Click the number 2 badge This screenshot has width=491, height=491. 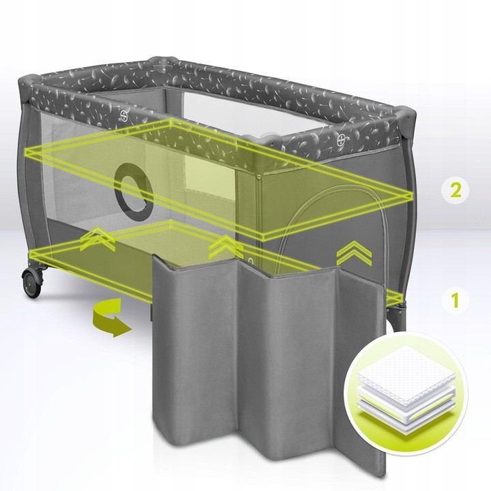tap(455, 191)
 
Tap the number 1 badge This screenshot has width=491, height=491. tap(455, 300)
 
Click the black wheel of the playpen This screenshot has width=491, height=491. tap(32, 282)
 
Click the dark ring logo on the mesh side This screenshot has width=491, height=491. tap(134, 192)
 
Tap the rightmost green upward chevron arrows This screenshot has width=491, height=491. tap(355, 253)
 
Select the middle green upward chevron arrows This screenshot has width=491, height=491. tap(225, 248)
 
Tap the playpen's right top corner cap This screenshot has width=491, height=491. tap(406, 115)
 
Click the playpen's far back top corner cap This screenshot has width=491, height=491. tap(162, 60)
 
